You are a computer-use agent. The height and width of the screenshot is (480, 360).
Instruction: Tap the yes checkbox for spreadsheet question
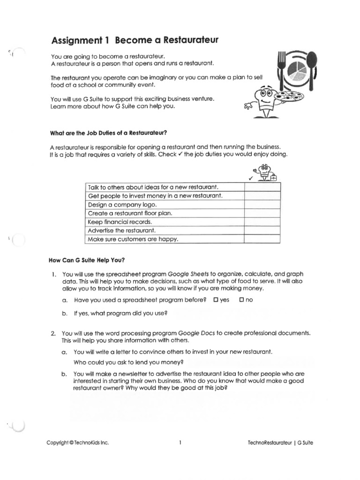coord(216,300)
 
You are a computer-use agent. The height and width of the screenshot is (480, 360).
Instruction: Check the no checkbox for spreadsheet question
coord(242,300)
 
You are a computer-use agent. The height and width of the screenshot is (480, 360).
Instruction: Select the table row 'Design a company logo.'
coord(122,204)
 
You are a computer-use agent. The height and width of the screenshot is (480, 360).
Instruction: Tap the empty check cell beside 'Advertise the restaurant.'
coord(262,231)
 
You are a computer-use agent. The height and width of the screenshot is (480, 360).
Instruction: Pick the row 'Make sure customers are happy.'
coord(133,239)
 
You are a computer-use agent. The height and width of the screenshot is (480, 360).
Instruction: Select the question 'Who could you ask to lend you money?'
coord(128,362)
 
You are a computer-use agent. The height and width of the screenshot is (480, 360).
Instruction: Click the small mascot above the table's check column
coord(265,172)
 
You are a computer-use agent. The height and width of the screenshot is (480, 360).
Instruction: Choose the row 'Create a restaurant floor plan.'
coord(130,213)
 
